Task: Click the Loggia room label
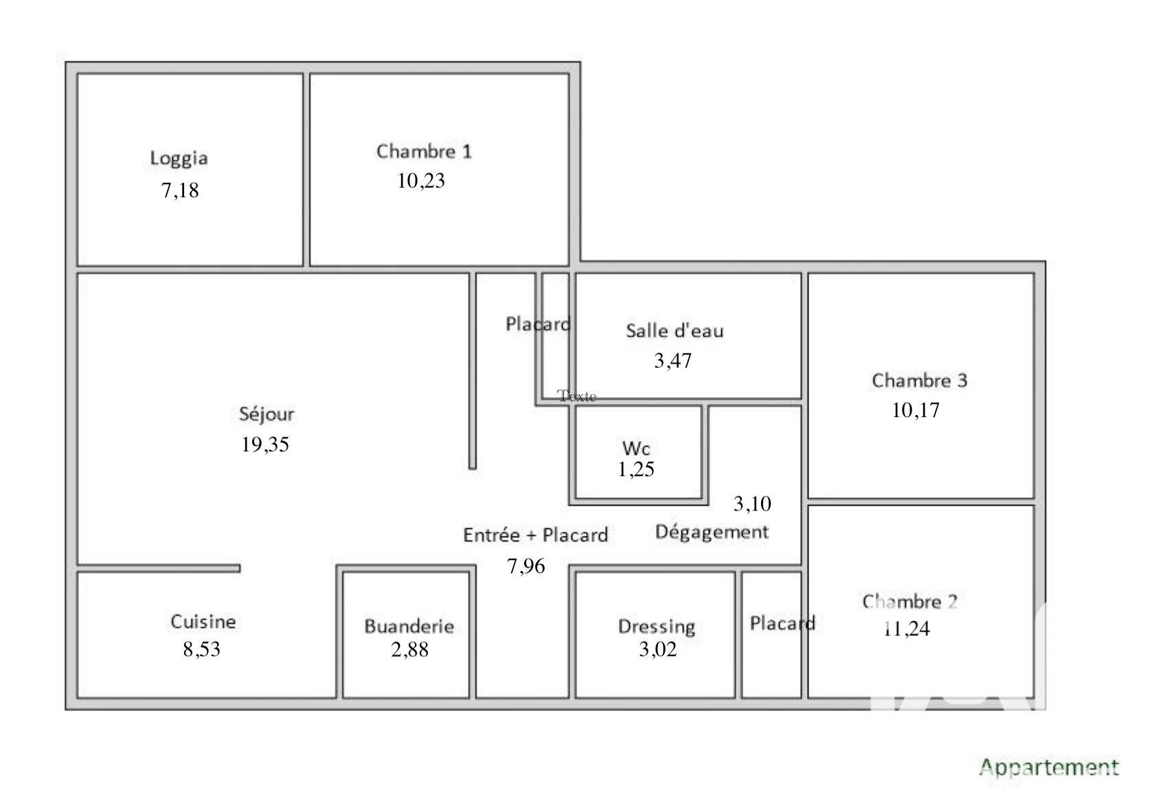[179, 159]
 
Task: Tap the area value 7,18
[180, 190]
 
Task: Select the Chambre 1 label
[424, 151]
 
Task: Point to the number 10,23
[421, 181]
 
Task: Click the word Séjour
[267, 414]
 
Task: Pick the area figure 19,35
[265, 444]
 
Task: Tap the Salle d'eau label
[675, 330]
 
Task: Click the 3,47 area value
[673, 361]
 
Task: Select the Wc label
[636, 448]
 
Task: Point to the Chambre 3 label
[920, 380]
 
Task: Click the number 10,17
[916, 410]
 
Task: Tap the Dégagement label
[712, 532]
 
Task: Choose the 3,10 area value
[752, 504]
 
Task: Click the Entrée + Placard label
[535, 535]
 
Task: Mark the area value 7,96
[526, 566]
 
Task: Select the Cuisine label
[203, 621]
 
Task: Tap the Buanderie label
[409, 626]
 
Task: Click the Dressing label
[657, 627]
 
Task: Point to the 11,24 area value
[907, 629]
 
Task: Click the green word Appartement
[1049, 768]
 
